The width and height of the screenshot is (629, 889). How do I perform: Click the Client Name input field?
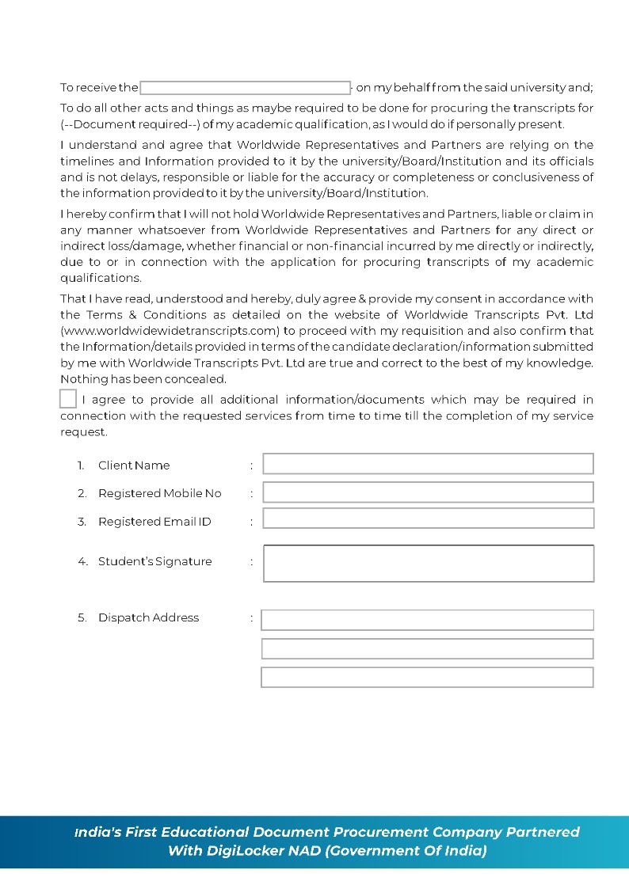[x=428, y=464]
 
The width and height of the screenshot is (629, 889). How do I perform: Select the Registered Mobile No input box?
[x=428, y=492]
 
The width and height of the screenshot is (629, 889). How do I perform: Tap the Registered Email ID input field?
[x=428, y=519]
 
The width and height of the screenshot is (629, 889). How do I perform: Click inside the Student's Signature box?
[x=428, y=564]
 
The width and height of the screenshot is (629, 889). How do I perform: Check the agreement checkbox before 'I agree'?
[x=68, y=399]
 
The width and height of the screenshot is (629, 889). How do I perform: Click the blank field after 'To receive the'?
[x=245, y=88]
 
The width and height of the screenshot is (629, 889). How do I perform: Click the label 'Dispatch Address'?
[x=148, y=617]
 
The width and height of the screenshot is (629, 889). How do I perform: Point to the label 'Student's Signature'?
[x=154, y=561]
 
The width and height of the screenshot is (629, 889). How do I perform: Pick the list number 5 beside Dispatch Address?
[x=82, y=617]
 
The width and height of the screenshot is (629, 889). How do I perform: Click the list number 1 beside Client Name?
[x=81, y=465]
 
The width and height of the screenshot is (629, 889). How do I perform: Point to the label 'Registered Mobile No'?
[x=159, y=493]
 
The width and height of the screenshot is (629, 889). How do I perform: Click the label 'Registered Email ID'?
[x=154, y=522]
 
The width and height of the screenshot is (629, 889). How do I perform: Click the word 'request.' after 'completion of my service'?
[x=83, y=432]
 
